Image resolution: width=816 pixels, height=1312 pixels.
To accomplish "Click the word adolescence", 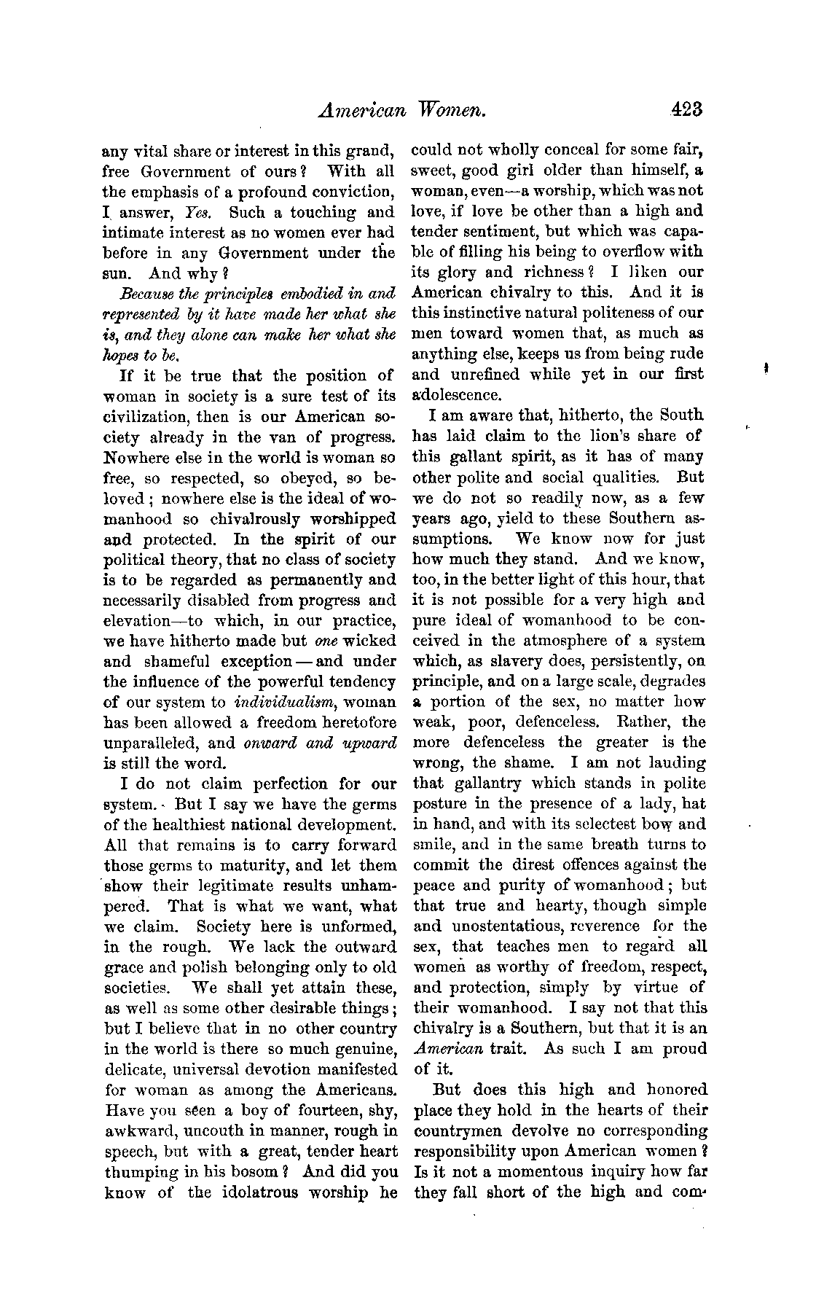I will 457,396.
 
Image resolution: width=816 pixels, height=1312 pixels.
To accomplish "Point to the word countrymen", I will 462,1131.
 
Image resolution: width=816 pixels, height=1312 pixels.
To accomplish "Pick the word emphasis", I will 167,192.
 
